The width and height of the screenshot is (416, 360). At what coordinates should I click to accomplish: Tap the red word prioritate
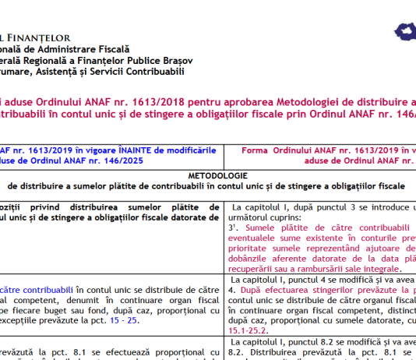click(x=260, y=248)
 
